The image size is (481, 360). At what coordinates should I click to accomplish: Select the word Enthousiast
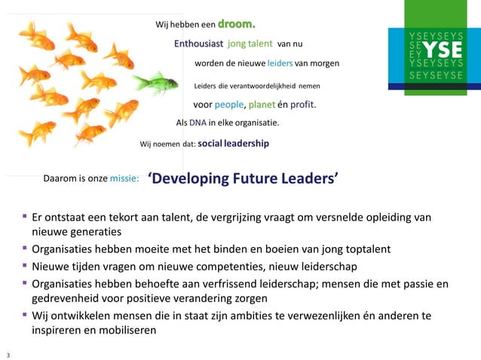198,44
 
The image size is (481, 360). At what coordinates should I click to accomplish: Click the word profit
302,104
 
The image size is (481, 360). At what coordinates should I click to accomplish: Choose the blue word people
229,104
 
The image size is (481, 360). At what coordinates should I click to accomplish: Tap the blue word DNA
198,123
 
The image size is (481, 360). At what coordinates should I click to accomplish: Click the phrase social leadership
233,142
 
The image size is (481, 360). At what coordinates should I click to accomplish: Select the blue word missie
124,178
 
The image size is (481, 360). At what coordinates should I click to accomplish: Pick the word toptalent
364,249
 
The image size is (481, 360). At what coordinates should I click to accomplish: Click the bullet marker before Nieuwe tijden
25,267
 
